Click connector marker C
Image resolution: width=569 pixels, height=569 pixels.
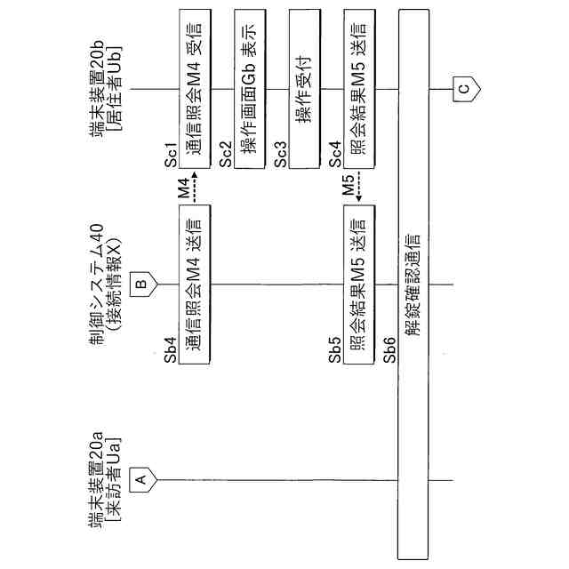(x=463, y=89)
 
